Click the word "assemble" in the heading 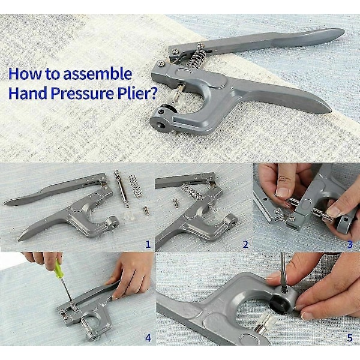98,74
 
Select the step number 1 148,244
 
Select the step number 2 245,244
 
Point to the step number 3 350,244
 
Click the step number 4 148,338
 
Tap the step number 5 350,338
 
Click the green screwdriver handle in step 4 58,269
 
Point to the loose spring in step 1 135,186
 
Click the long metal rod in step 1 121,189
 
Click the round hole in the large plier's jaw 161,125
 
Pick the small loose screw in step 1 146,211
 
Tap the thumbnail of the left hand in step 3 281,192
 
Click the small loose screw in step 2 176,203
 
